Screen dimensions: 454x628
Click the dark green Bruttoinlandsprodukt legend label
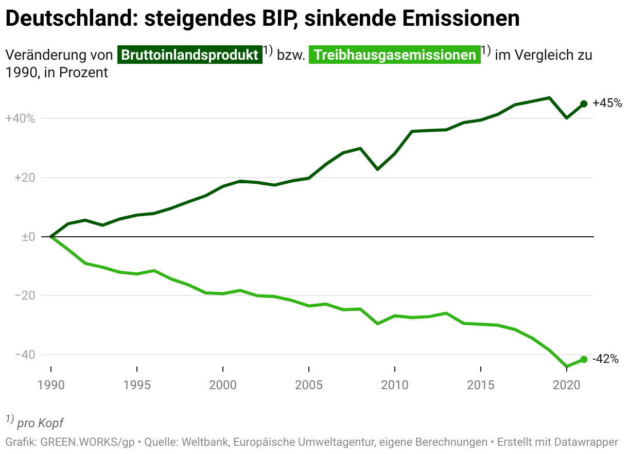pos(190,55)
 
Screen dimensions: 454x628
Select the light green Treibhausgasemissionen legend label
pos(394,55)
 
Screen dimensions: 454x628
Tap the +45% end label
pos(607,103)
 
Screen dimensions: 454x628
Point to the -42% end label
pos(605,359)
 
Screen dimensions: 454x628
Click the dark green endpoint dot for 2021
pos(584,103)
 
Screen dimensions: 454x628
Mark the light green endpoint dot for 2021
pos(584,359)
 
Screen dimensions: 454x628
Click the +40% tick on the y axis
pos(20,119)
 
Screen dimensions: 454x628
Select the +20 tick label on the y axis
pos(24,178)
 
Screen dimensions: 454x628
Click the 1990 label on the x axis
pos(51,386)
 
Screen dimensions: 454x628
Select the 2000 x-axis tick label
pos(222,386)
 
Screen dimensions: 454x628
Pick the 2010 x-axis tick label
pos(394,386)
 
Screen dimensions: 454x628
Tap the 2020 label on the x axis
pos(566,386)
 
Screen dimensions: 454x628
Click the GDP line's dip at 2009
pos(377,169)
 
